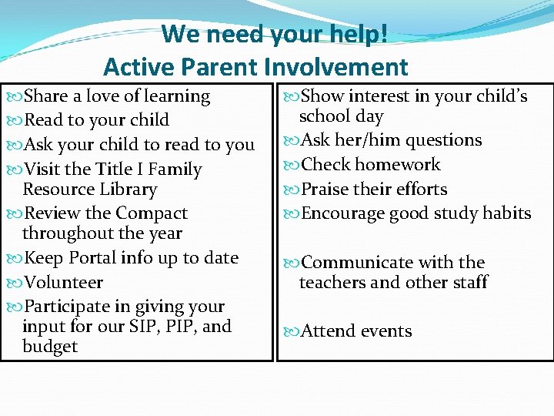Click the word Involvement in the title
(335, 67)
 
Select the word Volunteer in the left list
(64, 282)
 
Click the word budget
(50, 346)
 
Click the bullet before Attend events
(292, 332)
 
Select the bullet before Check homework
(292, 165)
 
